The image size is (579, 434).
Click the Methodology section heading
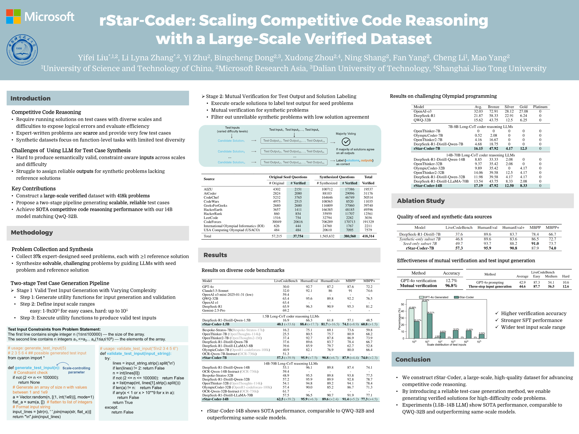32,233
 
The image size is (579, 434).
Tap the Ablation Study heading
421,201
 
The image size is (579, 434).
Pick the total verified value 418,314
368,236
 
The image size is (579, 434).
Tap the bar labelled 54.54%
425,319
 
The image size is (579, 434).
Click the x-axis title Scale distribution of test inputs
446,345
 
